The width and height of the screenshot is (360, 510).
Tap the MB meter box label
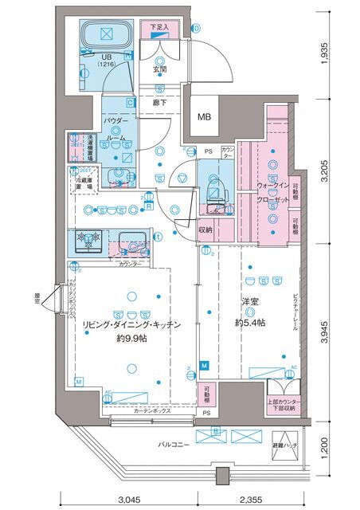pyautogui.click(x=205, y=118)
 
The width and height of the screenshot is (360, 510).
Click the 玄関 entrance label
pyautogui.click(x=160, y=69)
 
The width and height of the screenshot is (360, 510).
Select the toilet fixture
pyautogui.click(x=213, y=185)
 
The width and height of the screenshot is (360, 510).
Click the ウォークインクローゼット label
pyautogui.click(x=273, y=194)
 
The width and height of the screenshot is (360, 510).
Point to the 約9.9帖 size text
pyautogui.click(x=132, y=338)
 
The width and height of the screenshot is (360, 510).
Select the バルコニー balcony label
pyautogui.click(x=172, y=444)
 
